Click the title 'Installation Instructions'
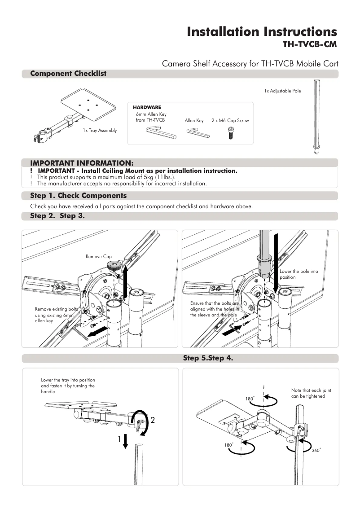pyautogui.click(x=261, y=32)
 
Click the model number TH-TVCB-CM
pyautogui.click(x=309, y=44)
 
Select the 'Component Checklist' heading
pyautogui.click(x=68, y=74)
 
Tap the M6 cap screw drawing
pyautogui.click(x=230, y=133)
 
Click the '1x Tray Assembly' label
pyautogui.click(x=99, y=131)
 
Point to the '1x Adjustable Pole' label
pyautogui.click(x=282, y=91)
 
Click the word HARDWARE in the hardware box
pyautogui.click(x=147, y=108)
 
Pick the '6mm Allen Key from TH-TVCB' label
pyautogui.click(x=151, y=118)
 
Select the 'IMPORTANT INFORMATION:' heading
pyautogui.click(x=82, y=162)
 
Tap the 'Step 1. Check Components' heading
pyautogui.click(x=78, y=196)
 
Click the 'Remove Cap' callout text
pyautogui.click(x=98, y=257)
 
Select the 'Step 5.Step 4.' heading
pyautogui.click(x=207, y=358)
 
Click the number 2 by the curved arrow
pyautogui.click(x=153, y=421)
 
